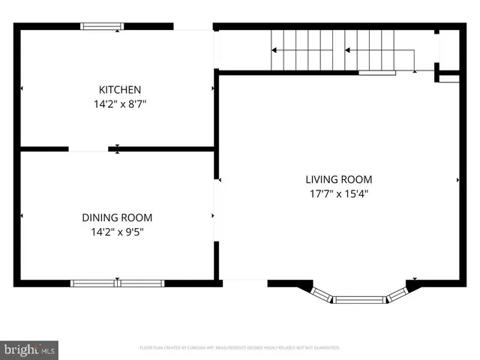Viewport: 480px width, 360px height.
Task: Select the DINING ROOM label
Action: coord(117,217)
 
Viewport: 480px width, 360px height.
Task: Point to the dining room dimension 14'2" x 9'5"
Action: coord(117,232)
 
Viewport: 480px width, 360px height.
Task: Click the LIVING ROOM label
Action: coord(338,179)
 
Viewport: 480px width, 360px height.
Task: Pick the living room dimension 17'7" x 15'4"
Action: coord(338,193)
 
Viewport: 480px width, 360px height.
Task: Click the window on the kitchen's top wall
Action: coord(103,27)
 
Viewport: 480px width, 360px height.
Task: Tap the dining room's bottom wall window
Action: coord(117,283)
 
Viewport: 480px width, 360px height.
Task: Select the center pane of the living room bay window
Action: coord(359,300)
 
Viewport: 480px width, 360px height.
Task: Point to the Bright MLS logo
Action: coord(30,349)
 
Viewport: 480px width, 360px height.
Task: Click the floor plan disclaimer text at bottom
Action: coord(240,348)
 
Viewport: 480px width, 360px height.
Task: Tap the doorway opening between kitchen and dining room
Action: coord(88,149)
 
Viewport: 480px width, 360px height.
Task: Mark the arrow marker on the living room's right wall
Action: coord(457,180)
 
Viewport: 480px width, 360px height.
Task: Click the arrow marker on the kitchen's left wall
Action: coord(22,88)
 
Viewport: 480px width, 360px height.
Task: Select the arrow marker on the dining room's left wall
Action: coord(22,216)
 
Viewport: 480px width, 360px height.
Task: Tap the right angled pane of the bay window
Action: coord(397,293)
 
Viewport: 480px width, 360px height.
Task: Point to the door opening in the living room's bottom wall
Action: coord(244,283)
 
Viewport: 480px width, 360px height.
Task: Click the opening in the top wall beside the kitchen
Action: coord(193,27)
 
